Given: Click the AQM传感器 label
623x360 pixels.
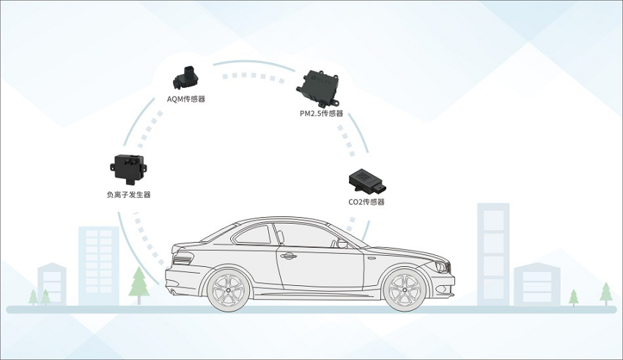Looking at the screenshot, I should (x=186, y=98).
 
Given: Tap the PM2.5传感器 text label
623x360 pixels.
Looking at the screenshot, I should (x=321, y=113).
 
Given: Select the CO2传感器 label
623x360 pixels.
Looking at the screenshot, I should (x=366, y=202).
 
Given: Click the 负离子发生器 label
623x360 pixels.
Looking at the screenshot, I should (x=128, y=194).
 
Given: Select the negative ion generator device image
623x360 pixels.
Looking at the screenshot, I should (x=128, y=167).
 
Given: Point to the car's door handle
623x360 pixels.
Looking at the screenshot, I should (x=288, y=257).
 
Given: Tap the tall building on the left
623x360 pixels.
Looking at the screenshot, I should (x=97, y=260).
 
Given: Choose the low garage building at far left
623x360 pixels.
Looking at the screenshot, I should (x=51, y=282).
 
